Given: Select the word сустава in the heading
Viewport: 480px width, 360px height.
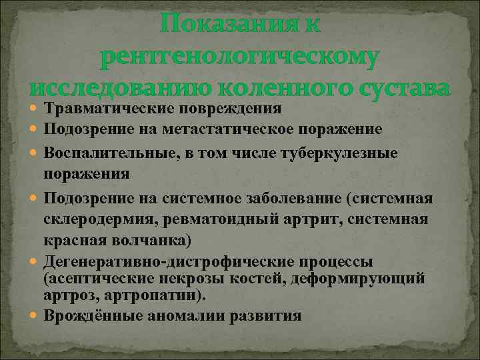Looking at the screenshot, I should (x=398, y=88).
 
